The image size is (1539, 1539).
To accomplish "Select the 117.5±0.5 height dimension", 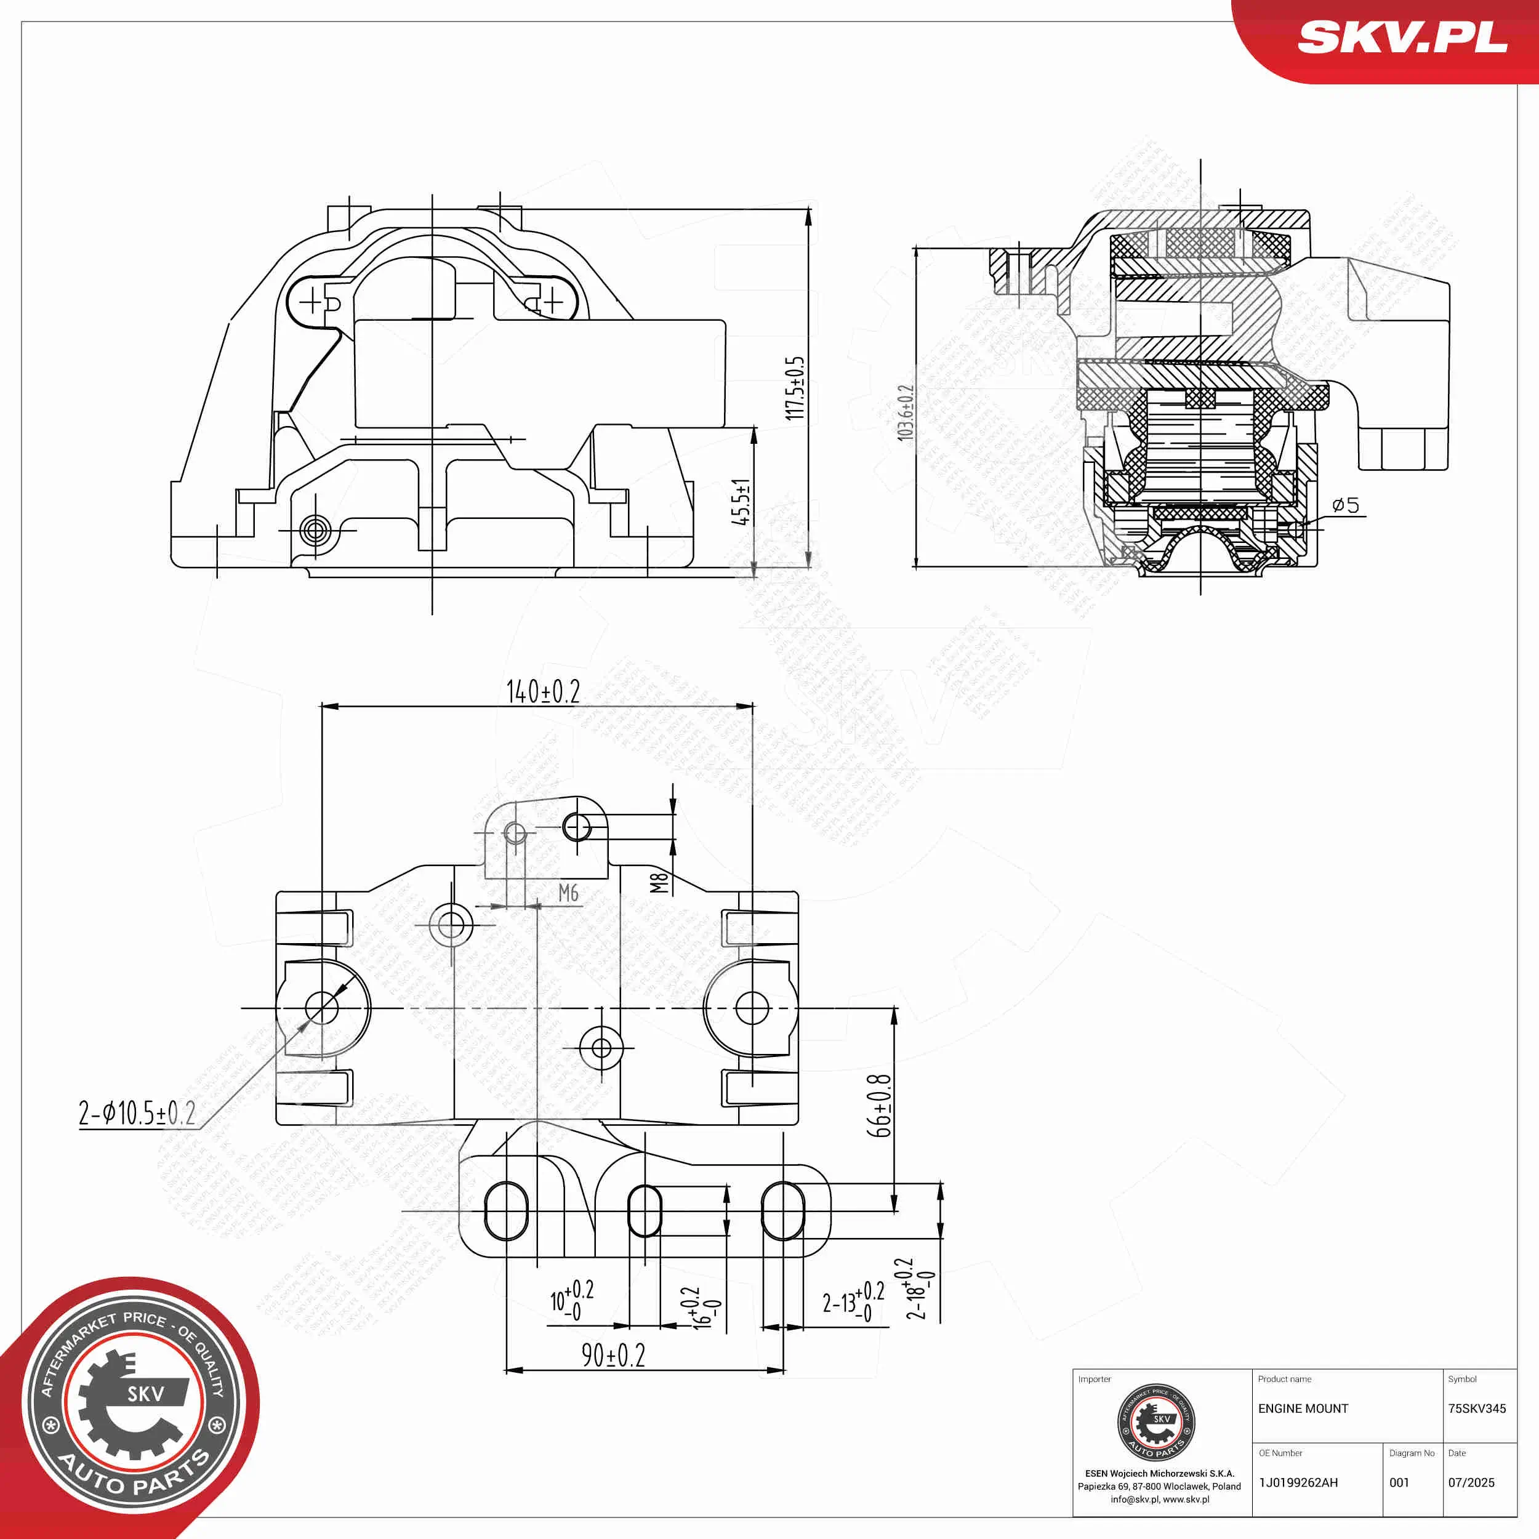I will pos(794,388).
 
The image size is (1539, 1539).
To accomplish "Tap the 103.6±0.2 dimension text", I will pos(906,412).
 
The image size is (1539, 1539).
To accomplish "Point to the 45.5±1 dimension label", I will pos(741,502).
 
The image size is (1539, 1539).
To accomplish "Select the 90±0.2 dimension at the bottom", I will pos(613,1355).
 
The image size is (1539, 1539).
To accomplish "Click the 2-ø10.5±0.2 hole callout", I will pos(137,1113).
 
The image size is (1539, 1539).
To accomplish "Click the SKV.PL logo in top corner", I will pos(1402,38).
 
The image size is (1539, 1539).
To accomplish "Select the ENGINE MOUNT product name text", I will pos(1303,1409).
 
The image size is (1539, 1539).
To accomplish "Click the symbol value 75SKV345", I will pos(1477,1409).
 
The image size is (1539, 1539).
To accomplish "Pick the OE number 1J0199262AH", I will pos(1298,1483).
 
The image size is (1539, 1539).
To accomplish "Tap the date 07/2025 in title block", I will pos(1471,1483).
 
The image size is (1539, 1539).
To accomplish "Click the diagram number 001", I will pos(1399,1483).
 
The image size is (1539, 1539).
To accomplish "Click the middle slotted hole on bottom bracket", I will pos(645,1212).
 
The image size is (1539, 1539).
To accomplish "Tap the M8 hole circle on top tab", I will pos(577,827).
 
